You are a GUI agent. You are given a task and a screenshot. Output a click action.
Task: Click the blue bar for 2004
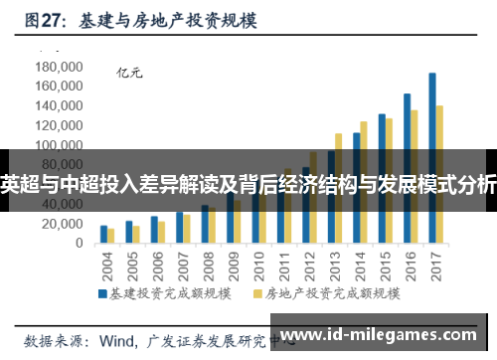click(103, 235)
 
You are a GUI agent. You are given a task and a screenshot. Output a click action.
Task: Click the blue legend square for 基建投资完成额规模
click(101, 294)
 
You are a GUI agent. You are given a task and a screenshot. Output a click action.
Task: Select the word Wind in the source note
click(117, 340)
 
